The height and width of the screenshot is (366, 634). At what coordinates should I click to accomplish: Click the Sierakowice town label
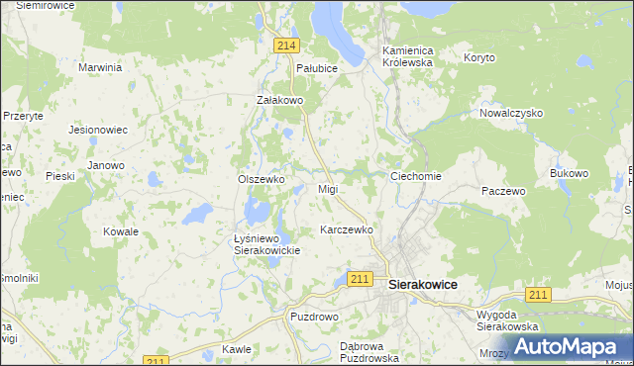[423, 284]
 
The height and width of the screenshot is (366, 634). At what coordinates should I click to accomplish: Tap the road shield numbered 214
[287, 46]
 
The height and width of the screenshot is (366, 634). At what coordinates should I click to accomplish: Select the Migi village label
[328, 188]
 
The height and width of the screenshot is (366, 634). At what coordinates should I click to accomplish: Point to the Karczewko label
[347, 229]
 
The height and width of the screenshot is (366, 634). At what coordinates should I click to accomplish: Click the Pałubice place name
[317, 68]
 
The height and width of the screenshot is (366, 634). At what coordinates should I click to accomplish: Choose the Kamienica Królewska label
[408, 55]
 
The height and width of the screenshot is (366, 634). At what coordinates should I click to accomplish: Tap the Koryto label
[479, 57]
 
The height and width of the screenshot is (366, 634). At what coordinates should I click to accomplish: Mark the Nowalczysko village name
[511, 113]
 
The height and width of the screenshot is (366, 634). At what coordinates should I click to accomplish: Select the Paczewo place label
[502, 191]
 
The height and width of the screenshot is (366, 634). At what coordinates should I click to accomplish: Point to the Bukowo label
[569, 173]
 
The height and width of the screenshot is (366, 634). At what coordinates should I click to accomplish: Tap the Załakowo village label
[278, 100]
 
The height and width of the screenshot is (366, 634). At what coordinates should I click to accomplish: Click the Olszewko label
[262, 179]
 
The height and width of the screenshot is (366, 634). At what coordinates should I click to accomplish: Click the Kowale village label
[121, 231]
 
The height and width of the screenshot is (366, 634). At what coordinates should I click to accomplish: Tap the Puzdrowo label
[314, 318]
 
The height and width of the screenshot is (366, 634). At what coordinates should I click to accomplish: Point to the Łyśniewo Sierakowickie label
[266, 244]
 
